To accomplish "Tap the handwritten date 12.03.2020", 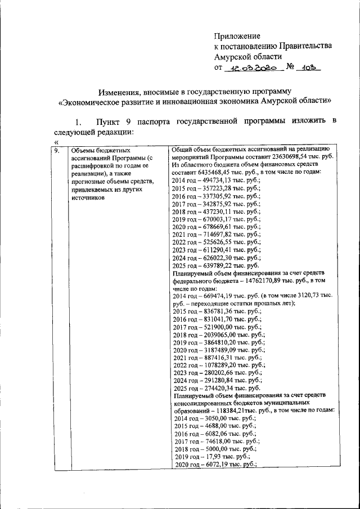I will click(252, 67).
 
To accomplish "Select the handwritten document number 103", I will click(309, 67).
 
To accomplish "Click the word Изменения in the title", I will click(119, 91).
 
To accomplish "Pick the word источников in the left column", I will click(85, 198).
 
